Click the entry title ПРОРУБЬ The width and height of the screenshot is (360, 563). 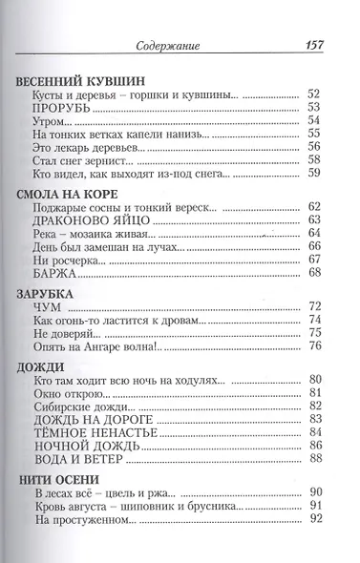tap(63, 110)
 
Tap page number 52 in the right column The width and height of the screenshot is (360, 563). tap(316, 95)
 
